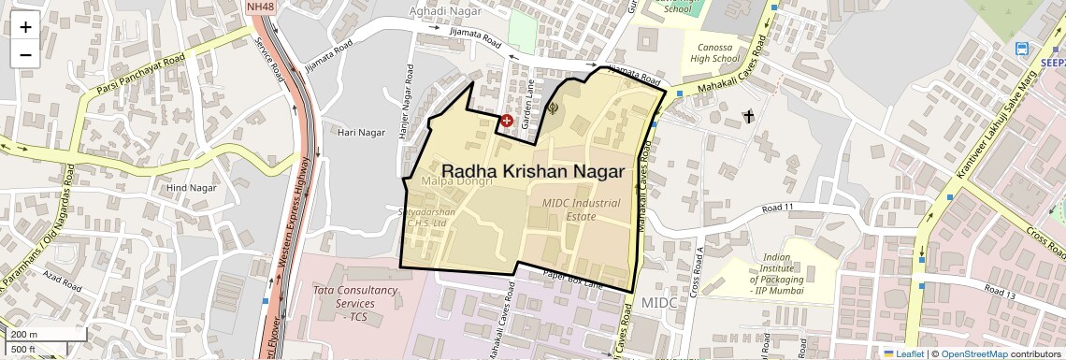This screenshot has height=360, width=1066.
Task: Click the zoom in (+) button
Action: pyautogui.click(x=25, y=27)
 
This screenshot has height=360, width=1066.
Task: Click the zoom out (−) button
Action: pyautogui.click(x=25, y=54)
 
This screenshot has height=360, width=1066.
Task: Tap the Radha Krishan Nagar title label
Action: pyautogui.click(x=533, y=171)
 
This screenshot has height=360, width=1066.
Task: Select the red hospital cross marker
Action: pyautogui.click(x=507, y=121)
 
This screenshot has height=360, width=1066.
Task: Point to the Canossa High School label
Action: pyautogui.click(x=714, y=52)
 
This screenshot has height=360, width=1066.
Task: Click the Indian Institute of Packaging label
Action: pyautogui.click(x=776, y=268)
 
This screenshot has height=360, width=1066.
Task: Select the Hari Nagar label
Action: pyautogui.click(x=361, y=133)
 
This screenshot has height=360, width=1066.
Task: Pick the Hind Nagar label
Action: pyautogui.click(x=191, y=188)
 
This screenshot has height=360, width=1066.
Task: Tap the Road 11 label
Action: pyautogui.click(x=777, y=208)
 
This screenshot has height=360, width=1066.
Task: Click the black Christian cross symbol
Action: pyautogui.click(x=747, y=116)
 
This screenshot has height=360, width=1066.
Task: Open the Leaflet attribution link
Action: pyautogui.click(x=903, y=353)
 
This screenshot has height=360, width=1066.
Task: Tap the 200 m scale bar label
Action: pyautogui.click(x=23, y=334)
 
